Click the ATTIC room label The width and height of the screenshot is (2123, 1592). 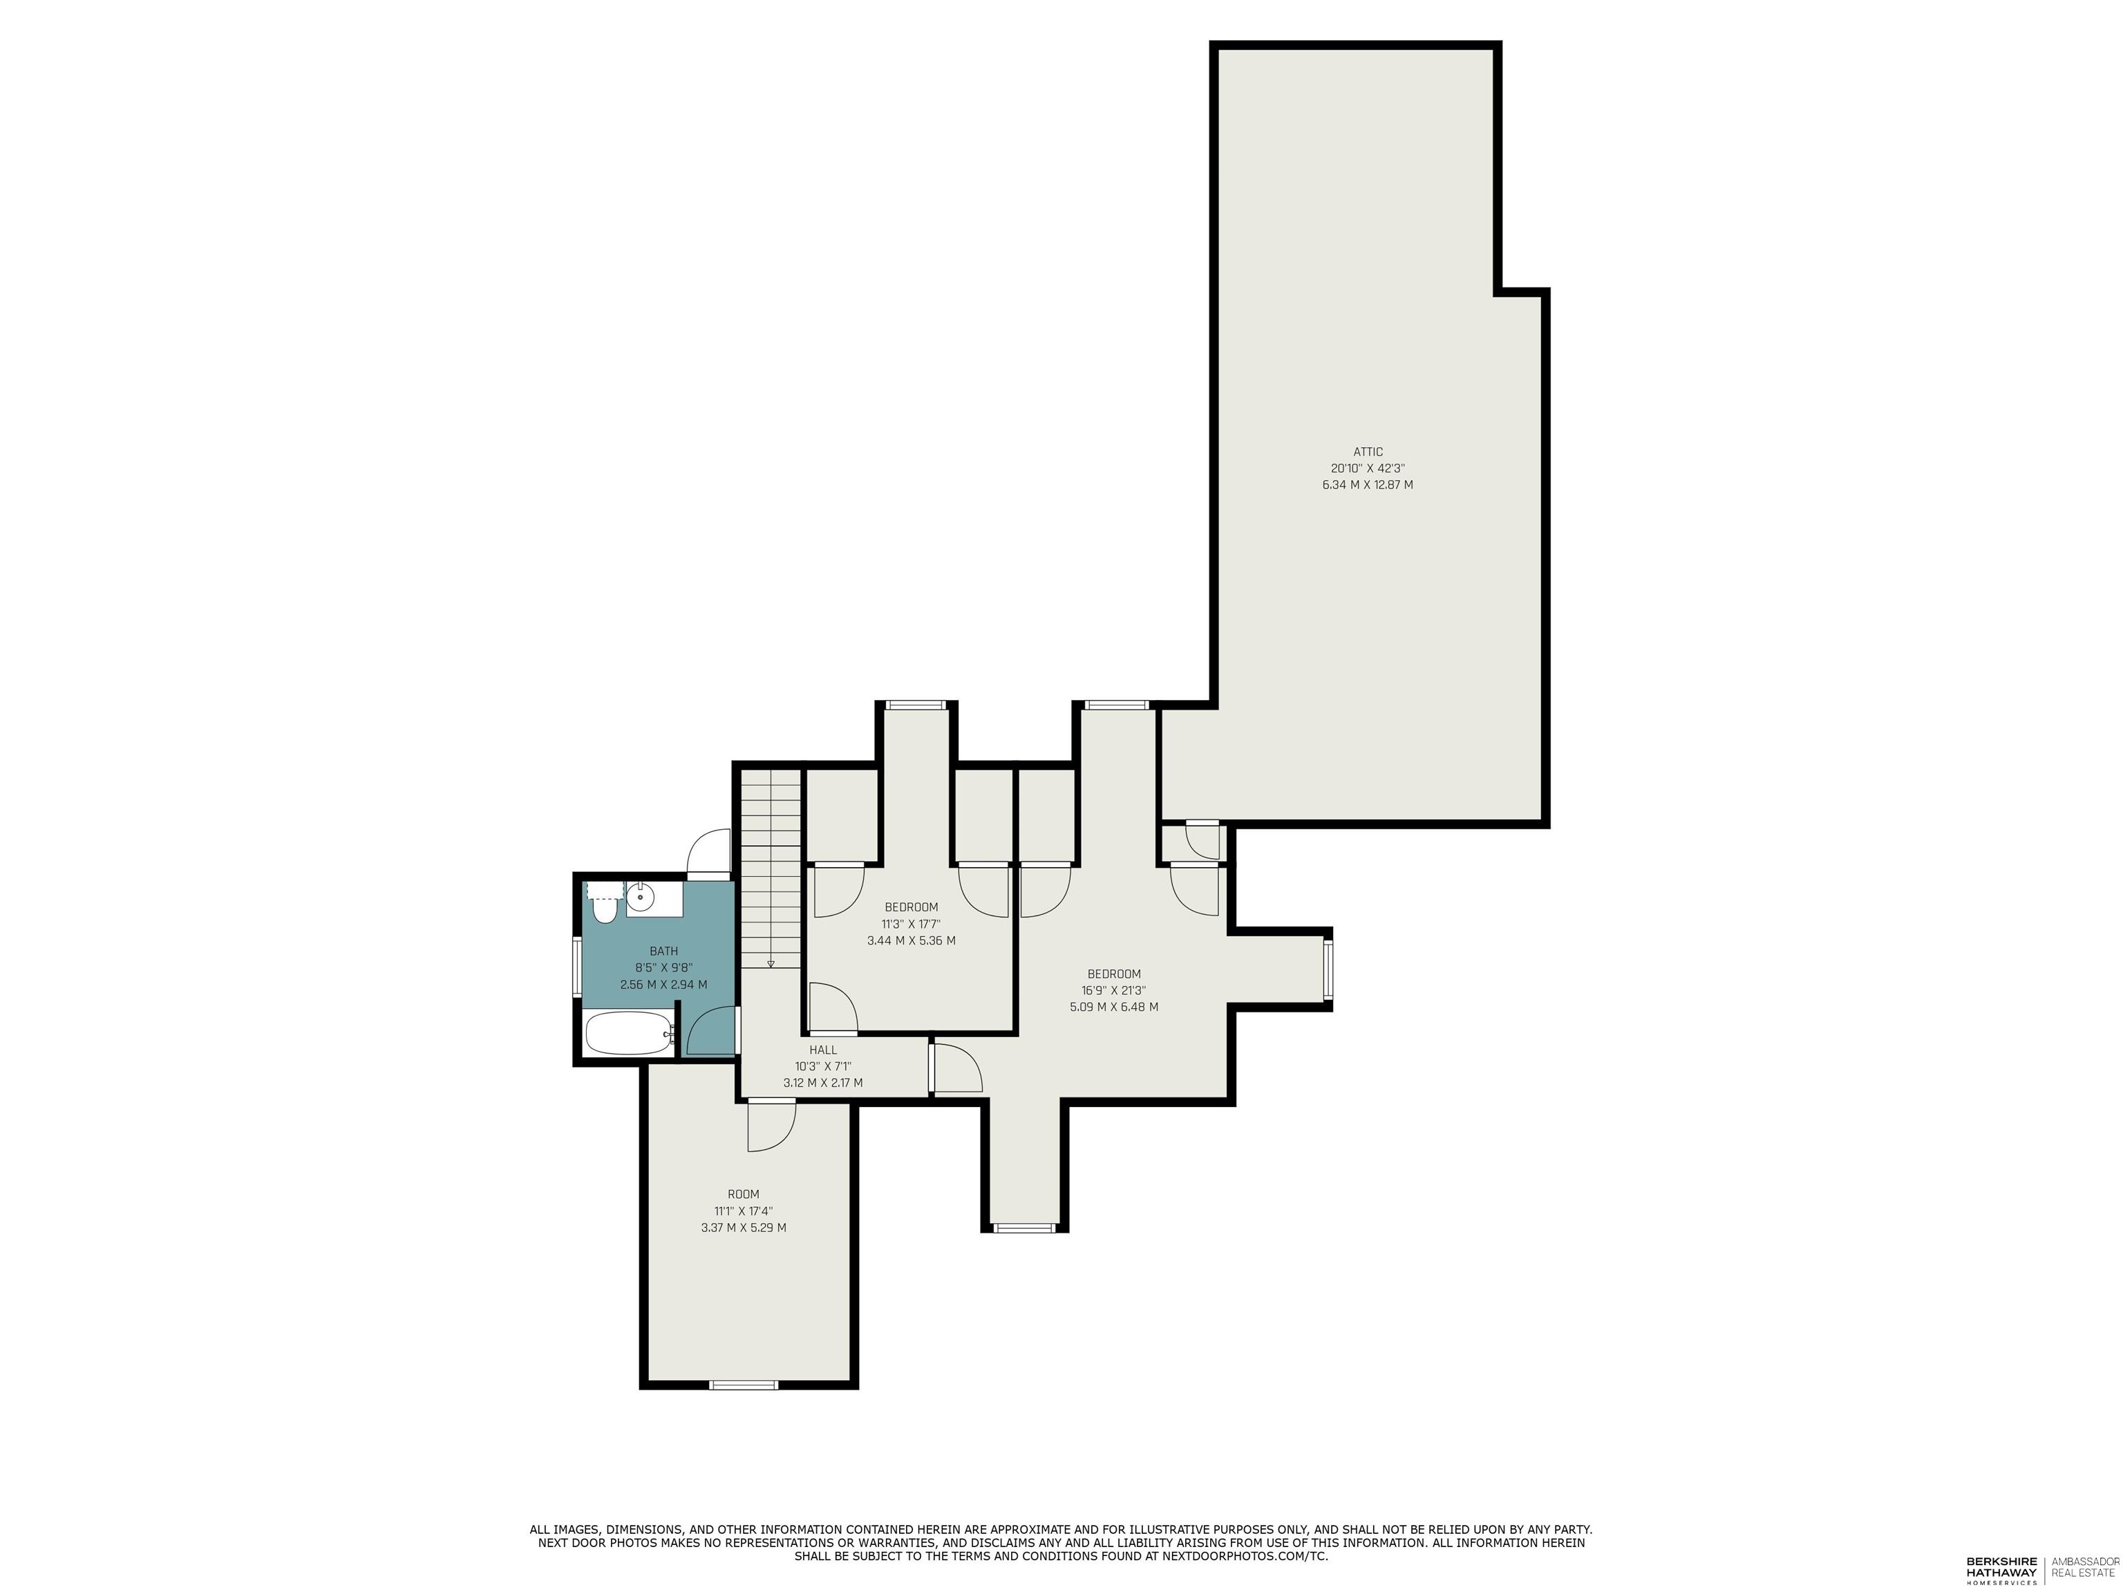(x=1368, y=452)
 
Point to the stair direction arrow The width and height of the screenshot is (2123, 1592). (x=770, y=963)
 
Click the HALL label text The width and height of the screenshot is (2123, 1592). (x=822, y=1050)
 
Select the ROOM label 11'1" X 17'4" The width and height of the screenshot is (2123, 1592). (x=743, y=1211)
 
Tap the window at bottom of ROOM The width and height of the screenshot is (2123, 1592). (x=743, y=1384)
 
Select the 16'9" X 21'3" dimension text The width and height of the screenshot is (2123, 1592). (x=1113, y=990)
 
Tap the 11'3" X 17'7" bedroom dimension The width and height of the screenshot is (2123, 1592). (x=911, y=924)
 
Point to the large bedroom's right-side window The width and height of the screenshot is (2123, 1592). (x=1328, y=970)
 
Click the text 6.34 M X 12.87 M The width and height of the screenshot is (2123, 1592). (x=1368, y=484)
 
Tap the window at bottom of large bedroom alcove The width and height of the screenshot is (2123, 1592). (x=1024, y=1227)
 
